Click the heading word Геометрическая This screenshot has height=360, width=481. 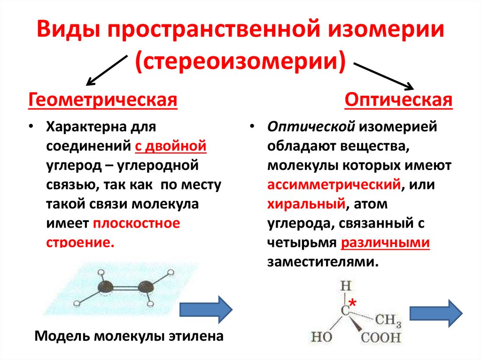tap(103, 100)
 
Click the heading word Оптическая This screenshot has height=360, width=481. tap(398, 100)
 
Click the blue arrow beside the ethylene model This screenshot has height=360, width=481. tap(206, 309)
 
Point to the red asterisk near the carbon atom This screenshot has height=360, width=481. tap(352, 304)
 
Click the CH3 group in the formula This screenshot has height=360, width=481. tap(388, 321)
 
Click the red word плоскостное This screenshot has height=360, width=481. tap(136, 223)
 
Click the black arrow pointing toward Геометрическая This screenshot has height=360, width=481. tap(106, 69)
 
